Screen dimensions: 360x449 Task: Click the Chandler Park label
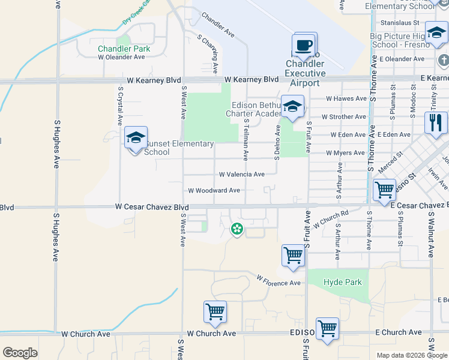point(124,48)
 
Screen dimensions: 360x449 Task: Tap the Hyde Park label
point(343,282)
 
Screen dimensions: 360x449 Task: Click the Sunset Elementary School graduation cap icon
point(136,139)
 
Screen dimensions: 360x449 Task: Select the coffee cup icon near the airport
point(303,44)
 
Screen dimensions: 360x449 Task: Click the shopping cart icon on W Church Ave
point(214,311)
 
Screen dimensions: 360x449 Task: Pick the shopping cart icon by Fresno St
point(384,190)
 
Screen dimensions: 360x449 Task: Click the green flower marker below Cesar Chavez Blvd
point(237,228)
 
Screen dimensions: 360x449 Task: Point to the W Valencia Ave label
point(241,175)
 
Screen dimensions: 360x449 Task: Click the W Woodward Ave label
point(214,191)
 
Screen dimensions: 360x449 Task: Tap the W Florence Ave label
point(279,281)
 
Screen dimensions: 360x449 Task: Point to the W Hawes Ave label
point(346,99)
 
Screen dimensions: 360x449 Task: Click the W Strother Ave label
point(343,117)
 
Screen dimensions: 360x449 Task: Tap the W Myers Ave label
point(346,154)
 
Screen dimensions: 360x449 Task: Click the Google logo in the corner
point(20,353)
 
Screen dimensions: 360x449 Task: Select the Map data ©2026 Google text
point(412,355)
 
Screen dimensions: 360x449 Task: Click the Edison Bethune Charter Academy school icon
point(292,107)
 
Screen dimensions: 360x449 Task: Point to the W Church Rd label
point(331,215)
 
